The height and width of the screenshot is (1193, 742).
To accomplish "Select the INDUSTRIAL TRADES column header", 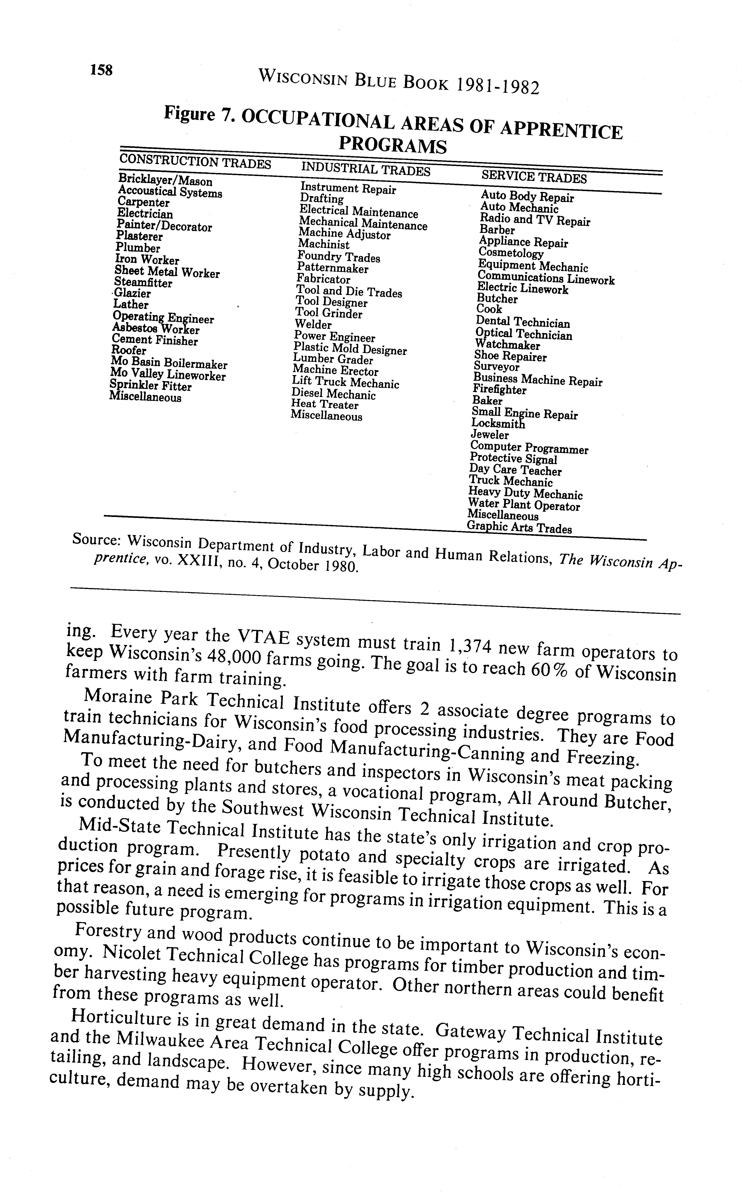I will click(x=366, y=168).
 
